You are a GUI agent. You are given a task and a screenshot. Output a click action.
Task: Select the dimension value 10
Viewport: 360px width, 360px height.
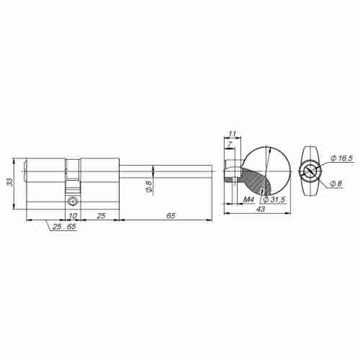click(x=73, y=216)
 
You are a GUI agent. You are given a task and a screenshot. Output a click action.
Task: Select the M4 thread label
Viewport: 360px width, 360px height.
click(x=250, y=199)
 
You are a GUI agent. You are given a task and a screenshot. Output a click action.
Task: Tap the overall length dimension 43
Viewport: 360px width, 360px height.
click(x=259, y=209)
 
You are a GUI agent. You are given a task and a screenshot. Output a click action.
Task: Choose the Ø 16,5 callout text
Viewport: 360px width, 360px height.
click(x=342, y=158)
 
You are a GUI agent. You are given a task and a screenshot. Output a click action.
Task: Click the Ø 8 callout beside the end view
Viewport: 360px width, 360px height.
click(x=337, y=184)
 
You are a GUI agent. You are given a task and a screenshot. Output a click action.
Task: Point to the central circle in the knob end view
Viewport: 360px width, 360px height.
click(x=310, y=171)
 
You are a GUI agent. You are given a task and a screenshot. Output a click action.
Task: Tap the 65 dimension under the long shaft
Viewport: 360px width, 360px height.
click(x=170, y=216)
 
